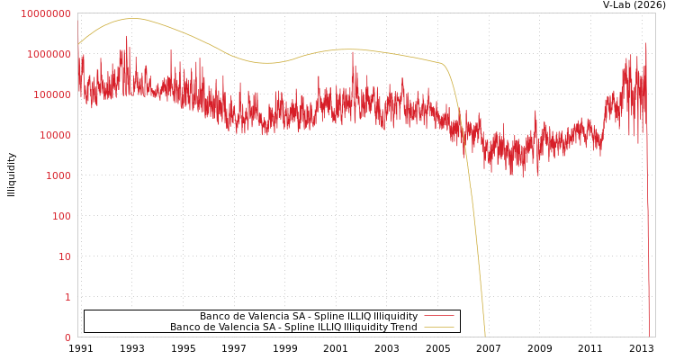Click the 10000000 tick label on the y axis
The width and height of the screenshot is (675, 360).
point(46,13)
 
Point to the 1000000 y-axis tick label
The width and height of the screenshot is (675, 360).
point(49,54)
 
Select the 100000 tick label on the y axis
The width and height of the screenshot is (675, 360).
point(51,94)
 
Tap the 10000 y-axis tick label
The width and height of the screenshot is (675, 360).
point(54,135)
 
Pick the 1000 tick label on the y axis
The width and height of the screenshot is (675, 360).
point(57,175)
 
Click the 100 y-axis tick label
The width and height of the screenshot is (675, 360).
point(60,216)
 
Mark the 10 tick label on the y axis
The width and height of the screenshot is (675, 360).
point(66,256)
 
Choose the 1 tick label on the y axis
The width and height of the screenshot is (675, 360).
point(67,297)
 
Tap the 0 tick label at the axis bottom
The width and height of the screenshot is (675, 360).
point(67,337)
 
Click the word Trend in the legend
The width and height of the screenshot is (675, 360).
point(402,328)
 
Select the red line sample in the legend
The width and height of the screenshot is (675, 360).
point(439,316)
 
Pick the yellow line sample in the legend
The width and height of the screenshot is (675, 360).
point(439,328)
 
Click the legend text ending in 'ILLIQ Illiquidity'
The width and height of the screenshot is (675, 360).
point(309,316)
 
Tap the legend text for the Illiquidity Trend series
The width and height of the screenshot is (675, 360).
point(293,328)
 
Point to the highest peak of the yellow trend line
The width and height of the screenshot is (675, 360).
point(132,18)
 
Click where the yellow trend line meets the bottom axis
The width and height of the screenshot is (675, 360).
point(485,337)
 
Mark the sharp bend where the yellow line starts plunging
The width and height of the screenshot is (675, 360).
point(444,64)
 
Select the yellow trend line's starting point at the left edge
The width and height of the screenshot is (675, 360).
point(78,43)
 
